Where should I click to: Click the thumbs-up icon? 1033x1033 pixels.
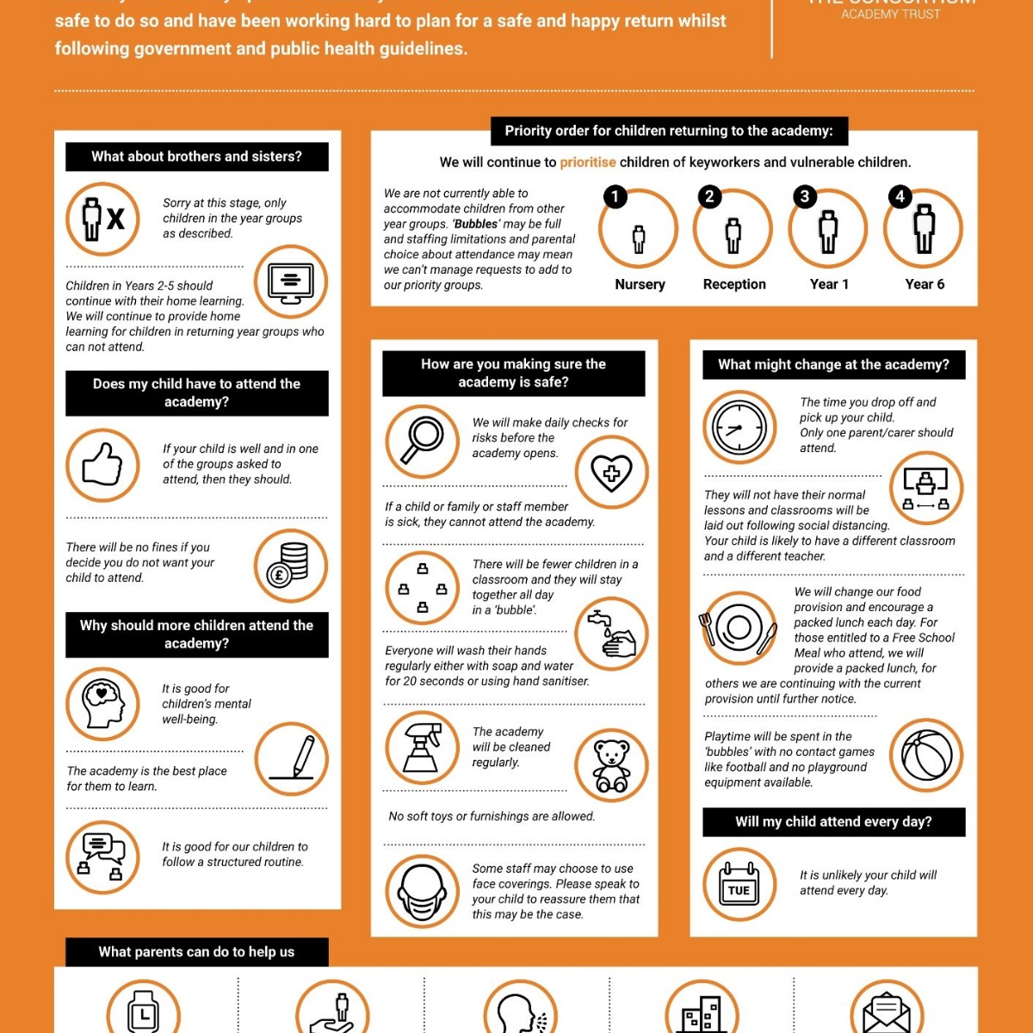pos(102,465)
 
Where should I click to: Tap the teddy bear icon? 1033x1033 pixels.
pos(611,765)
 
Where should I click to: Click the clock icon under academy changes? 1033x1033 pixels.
pos(739,428)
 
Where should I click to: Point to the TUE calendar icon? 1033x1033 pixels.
pos(739,885)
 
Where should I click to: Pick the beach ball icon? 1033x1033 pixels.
pos(926,755)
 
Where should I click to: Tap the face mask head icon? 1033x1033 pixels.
pos(422,891)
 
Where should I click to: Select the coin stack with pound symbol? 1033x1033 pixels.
pos(290,565)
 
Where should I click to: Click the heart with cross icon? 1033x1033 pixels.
pos(611,472)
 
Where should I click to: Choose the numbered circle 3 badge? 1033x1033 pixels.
pos(804,196)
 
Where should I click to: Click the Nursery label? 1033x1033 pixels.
pos(640,284)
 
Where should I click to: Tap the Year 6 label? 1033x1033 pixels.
pos(925,284)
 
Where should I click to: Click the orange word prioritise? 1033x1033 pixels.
pos(588,162)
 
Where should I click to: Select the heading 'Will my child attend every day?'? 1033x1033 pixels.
pos(833,821)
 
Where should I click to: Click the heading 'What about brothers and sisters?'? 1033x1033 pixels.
pos(196,157)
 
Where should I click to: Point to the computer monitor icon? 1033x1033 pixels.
pos(291,282)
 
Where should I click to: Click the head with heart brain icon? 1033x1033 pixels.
pos(102,703)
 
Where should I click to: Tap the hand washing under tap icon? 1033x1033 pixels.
pos(611,634)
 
